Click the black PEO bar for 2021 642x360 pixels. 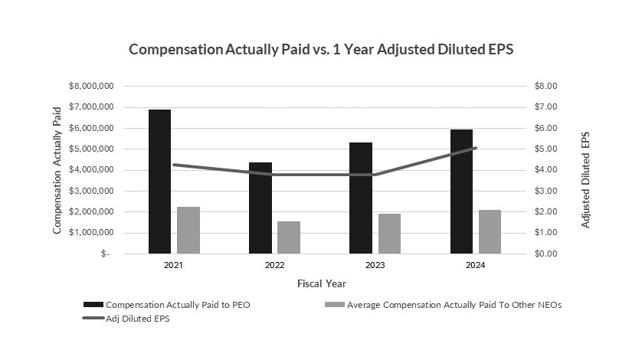click(159, 182)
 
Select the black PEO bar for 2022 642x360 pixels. click(260, 208)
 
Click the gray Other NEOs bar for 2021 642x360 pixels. click(188, 230)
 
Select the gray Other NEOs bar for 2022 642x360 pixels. click(289, 237)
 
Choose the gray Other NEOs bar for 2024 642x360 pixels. click(490, 231)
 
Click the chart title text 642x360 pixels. click(320, 49)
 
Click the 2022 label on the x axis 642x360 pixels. click(274, 265)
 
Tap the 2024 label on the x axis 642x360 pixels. click(475, 265)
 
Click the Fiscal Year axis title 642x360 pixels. click(321, 283)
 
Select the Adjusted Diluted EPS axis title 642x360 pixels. click(586, 170)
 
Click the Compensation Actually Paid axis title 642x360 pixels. click(57, 170)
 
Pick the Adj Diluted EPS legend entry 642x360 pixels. click(136, 319)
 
